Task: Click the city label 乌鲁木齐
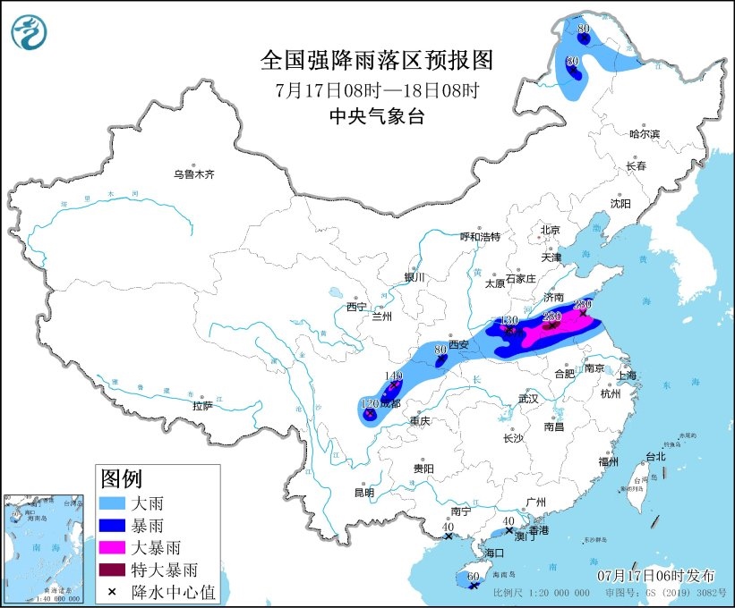(194, 174)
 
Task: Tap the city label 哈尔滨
(644, 134)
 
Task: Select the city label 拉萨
(202, 405)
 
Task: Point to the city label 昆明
(363, 492)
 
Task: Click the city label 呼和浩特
(480, 237)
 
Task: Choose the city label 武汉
(530, 399)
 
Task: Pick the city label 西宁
(356, 307)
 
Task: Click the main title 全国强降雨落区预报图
(376, 60)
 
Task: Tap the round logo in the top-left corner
(30, 33)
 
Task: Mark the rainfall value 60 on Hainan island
(472, 578)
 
